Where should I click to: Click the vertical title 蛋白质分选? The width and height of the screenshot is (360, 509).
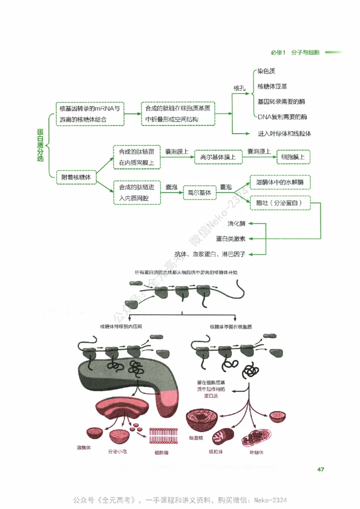[40, 145]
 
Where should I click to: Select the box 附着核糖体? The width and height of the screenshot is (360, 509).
[76, 178]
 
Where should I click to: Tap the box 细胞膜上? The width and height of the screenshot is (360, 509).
[293, 157]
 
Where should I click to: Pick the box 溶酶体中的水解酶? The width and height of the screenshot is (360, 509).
[280, 183]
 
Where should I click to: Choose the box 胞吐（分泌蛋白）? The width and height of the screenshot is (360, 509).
[280, 203]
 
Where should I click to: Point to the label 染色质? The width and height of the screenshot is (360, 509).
[266, 71]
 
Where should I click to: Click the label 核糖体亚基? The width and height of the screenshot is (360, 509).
[272, 86]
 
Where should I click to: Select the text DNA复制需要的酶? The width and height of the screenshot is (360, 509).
[282, 116]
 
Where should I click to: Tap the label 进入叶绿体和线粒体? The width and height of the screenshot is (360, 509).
[284, 134]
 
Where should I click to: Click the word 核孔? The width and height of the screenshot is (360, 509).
[239, 88]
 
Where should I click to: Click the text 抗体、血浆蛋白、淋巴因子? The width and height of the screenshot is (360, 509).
[210, 254]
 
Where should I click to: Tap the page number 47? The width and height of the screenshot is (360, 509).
[320, 469]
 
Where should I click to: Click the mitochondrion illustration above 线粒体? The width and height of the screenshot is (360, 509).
[223, 436]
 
